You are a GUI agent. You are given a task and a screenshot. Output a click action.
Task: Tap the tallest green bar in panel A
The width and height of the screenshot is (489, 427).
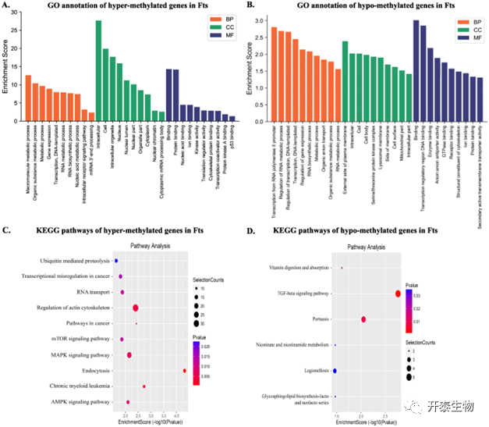pos(99,70)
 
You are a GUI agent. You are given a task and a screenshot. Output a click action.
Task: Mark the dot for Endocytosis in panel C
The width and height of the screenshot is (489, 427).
pos(184,371)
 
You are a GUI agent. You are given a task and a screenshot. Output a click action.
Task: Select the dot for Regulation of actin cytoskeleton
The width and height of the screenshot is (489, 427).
pos(136,308)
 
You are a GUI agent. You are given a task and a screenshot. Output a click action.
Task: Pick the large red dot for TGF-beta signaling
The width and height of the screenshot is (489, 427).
pos(398,294)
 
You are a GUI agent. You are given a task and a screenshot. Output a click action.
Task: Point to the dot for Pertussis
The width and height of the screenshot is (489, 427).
pos(363,319)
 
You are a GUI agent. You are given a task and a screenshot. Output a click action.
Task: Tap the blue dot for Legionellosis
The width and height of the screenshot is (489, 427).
pos(335,371)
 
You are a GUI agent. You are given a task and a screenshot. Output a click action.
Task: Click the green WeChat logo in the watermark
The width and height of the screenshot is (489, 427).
pos(411,405)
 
